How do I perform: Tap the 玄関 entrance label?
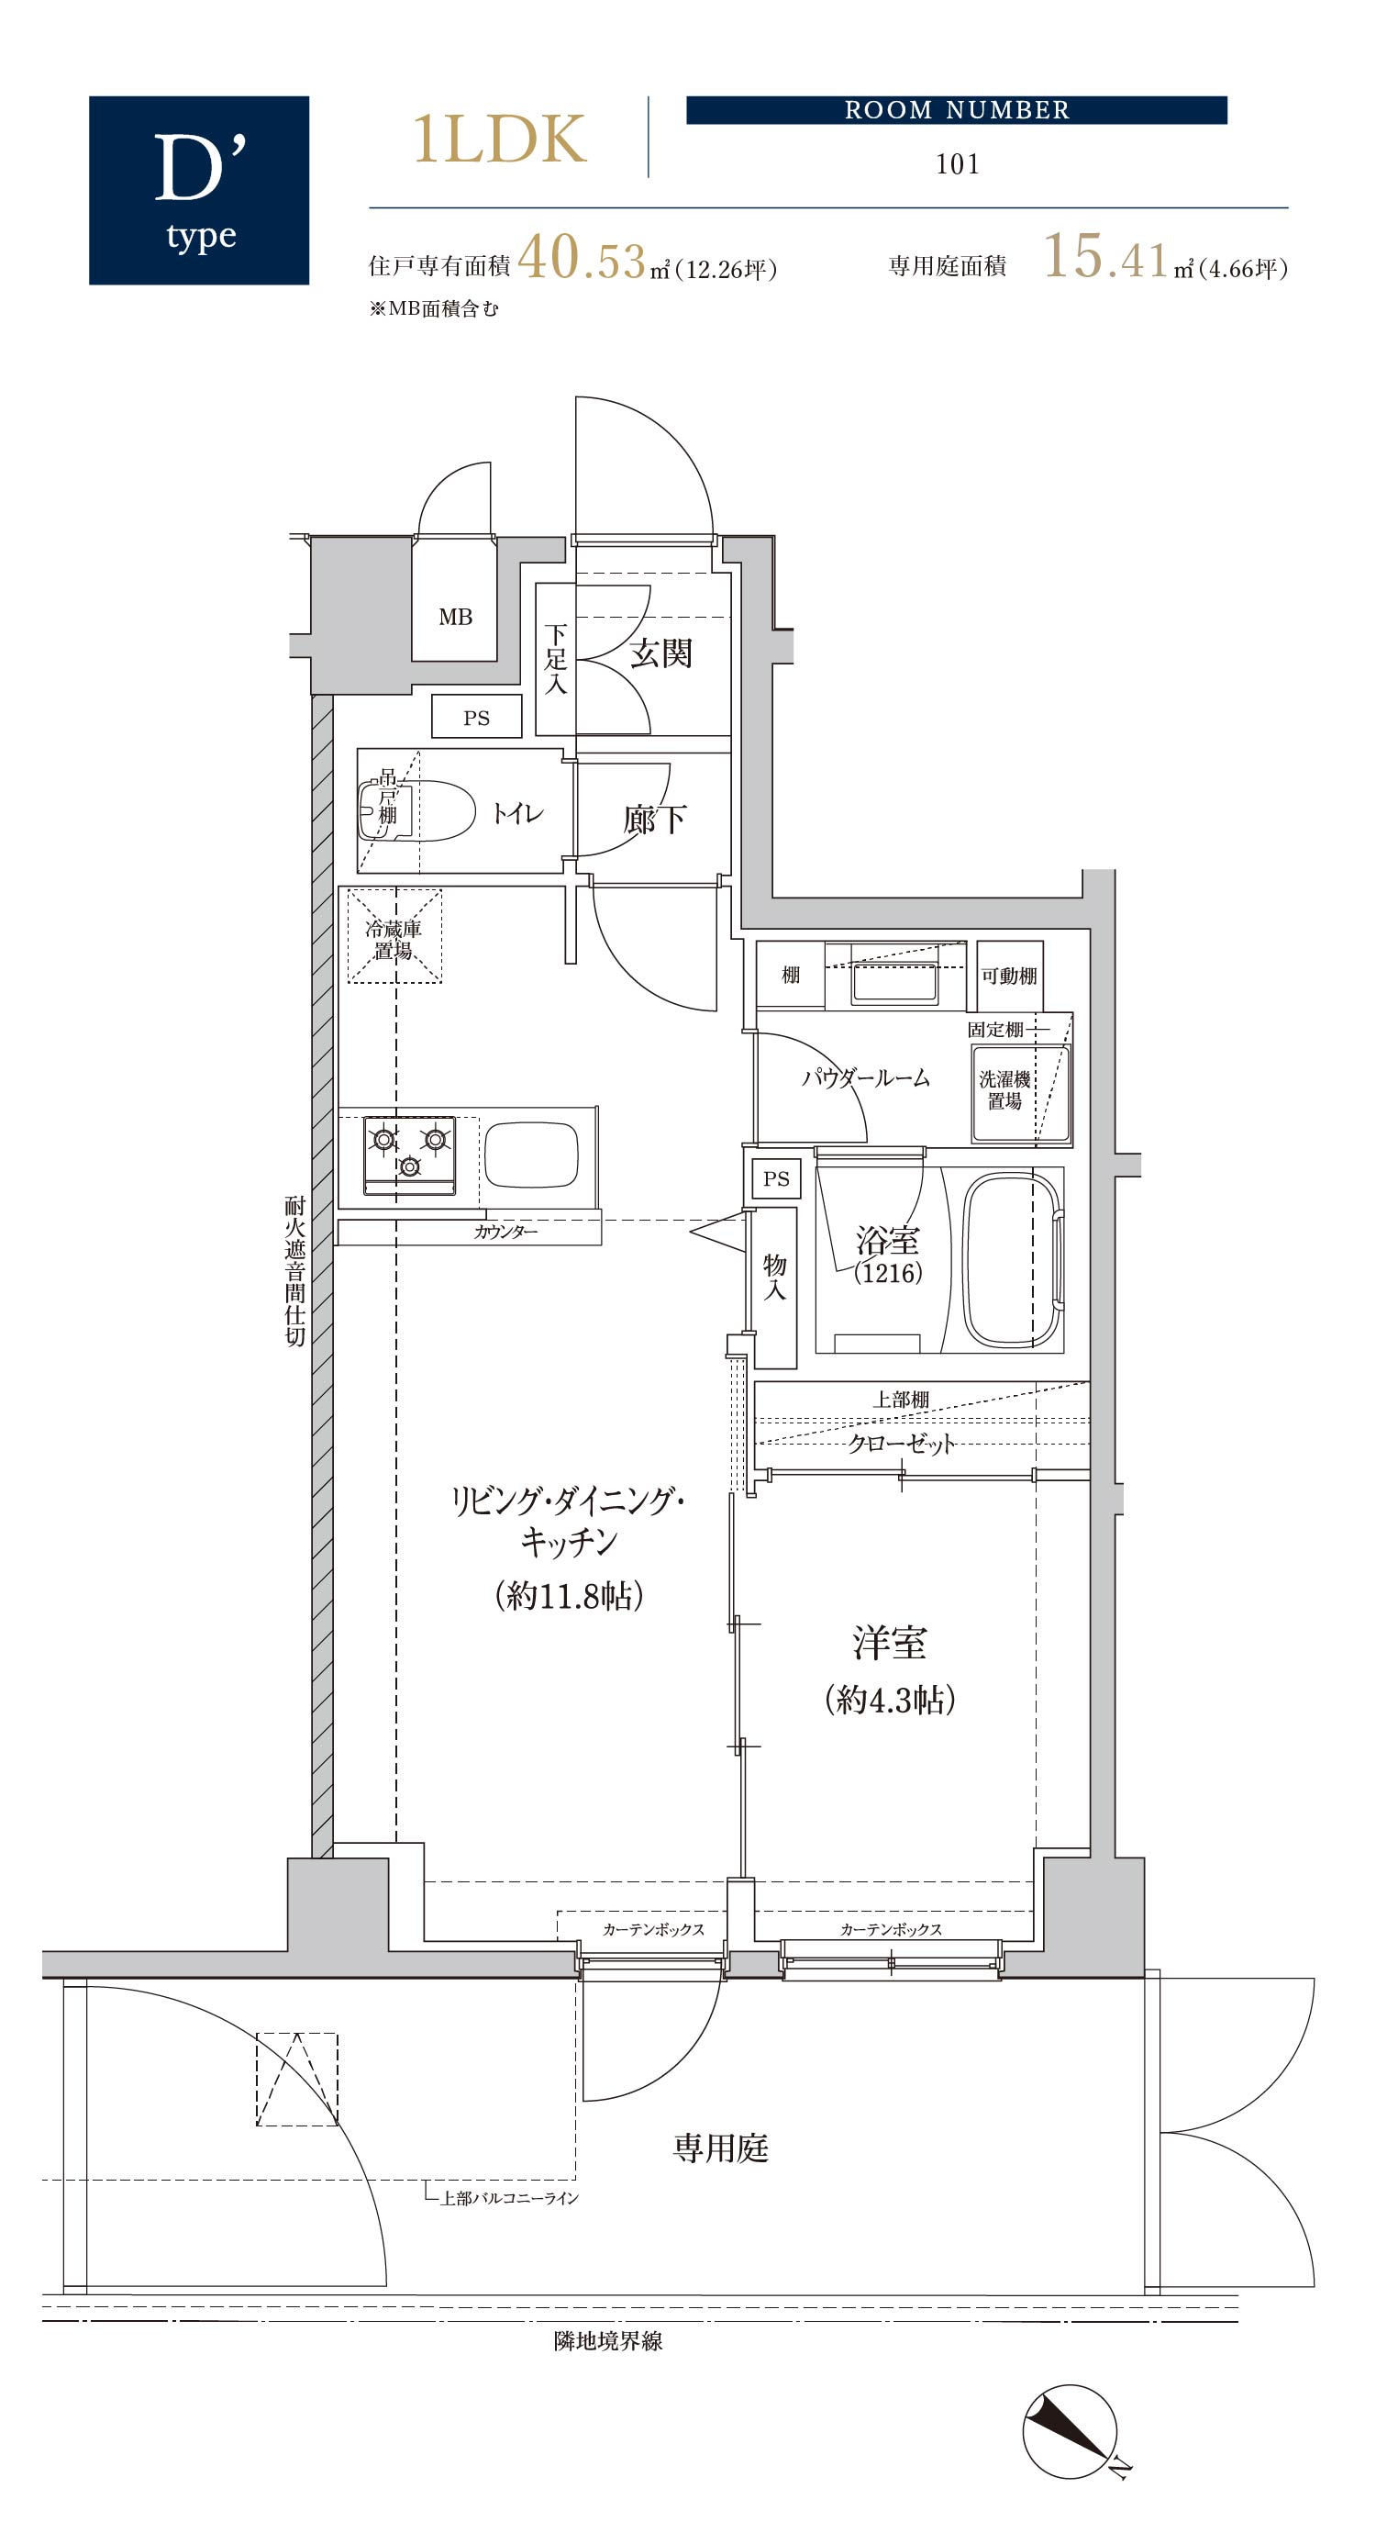(x=661, y=653)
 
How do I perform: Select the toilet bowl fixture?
(x=416, y=810)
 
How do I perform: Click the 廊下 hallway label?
(x=654, y=819)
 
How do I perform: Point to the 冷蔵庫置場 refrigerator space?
(x=394, y=936)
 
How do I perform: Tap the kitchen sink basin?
(x=531, y=1154)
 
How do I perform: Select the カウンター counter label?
(x=505, y=1232)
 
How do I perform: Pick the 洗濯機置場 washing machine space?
(x=1021, y=1093)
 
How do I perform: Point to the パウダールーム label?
(x=866, y=1077)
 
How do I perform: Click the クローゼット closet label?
(x=901, y=1443)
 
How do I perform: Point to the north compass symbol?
(x=1071, y=2431)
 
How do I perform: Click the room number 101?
(x=958, y=164)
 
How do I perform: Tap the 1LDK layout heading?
(x=499, y=139)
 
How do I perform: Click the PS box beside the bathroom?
(x=776, y=1178)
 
